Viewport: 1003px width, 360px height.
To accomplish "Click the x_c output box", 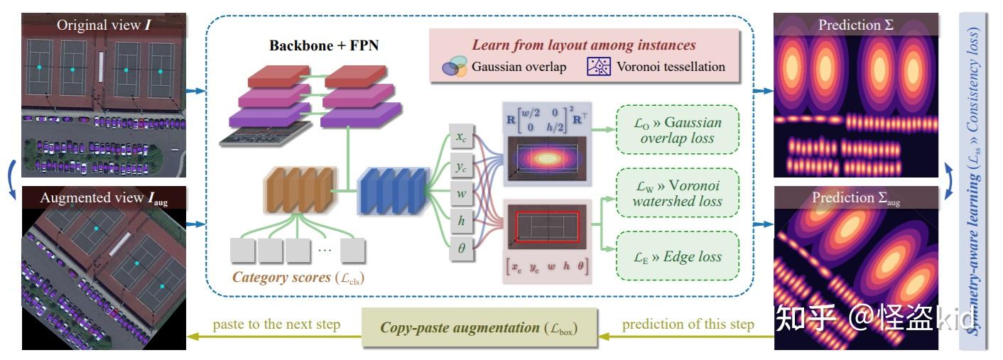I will (x=461, y=136).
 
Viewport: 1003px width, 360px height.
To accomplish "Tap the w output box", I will (x=461, y=192).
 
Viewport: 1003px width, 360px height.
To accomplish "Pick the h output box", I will (x=461, y=221).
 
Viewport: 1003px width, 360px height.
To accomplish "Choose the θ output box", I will (x=461, y=249).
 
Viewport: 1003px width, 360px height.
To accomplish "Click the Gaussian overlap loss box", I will (x=677, y=130).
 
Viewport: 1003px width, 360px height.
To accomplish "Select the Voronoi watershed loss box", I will (x=677, y=193).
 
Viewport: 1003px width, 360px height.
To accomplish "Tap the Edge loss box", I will (x=677, y=256).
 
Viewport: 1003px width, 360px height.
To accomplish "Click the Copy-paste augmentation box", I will (x=479, y=327).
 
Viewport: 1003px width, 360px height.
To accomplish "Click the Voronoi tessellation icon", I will (x=598, y=67).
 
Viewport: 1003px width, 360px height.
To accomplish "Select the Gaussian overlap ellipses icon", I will (x=454, y=67).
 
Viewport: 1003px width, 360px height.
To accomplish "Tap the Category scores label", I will (x=298, y=277).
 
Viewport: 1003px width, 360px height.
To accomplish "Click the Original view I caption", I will (x=104, y=25).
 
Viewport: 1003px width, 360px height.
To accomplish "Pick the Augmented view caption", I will (x=104, y=198).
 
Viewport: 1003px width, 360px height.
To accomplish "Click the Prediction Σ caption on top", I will (x=856, y=25).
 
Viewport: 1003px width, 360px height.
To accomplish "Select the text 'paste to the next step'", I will (x=276, y=324).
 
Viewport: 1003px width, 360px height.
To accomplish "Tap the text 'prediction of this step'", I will (x=688, y=324).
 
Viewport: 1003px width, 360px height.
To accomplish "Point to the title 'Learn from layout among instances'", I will (x=584, y=45).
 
